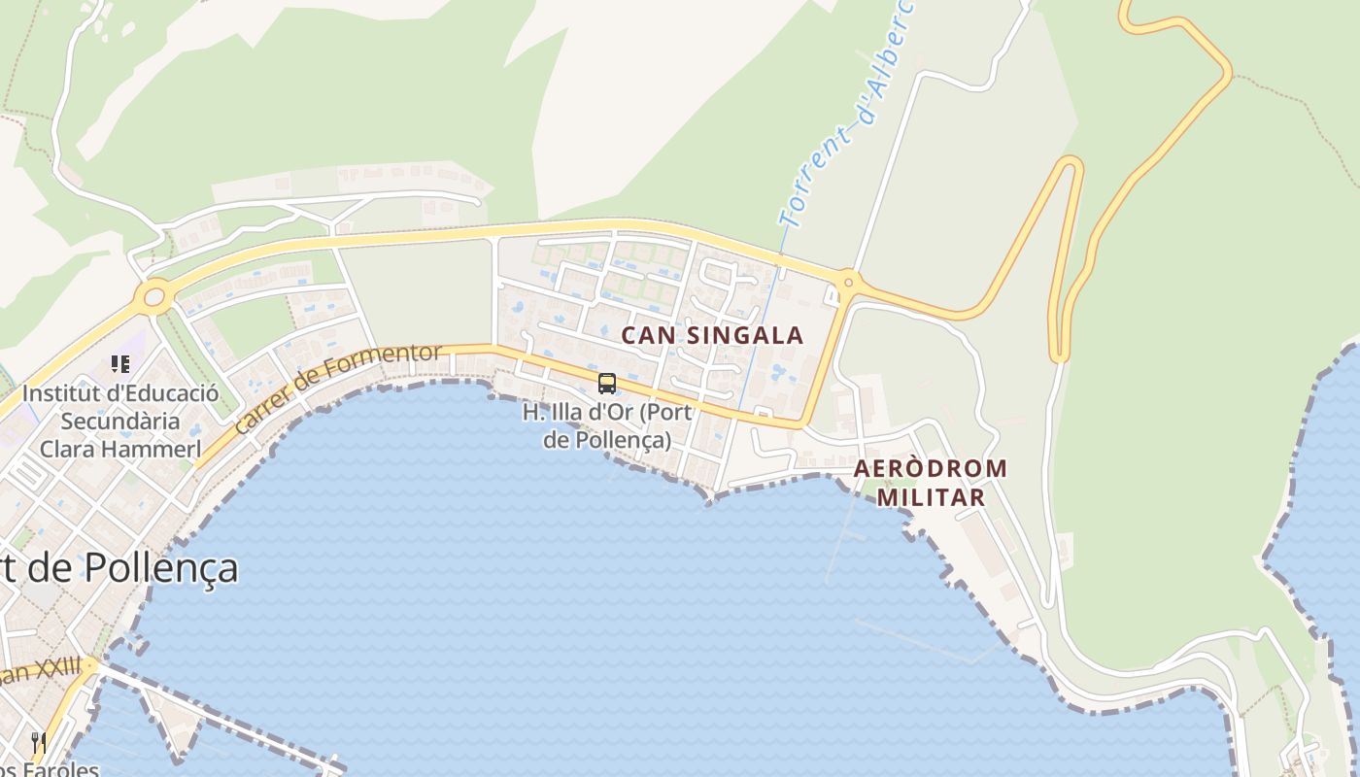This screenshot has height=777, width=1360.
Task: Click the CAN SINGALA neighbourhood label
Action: click(x=712, y=335)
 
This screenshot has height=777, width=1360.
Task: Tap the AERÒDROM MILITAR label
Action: click(x=931, y=483)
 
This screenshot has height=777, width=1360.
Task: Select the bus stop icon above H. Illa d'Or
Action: click(x=607, y=384)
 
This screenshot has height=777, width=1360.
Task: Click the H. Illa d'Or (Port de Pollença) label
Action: click(x=607, y=425)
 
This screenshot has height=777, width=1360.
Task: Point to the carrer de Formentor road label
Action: click(x=338, y=388)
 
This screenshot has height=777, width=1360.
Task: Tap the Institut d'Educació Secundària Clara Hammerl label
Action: click(x=119, y=422)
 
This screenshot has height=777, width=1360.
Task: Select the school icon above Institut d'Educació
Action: click(x=120, y=364)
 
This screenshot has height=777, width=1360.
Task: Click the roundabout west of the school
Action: click(x=153, y=296)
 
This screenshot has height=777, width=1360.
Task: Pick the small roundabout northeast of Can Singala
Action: click(x=848, y=283)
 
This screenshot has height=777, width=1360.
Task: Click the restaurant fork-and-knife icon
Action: click(x=39, y=743)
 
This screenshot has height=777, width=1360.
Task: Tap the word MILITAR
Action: click(x=931, y=497)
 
